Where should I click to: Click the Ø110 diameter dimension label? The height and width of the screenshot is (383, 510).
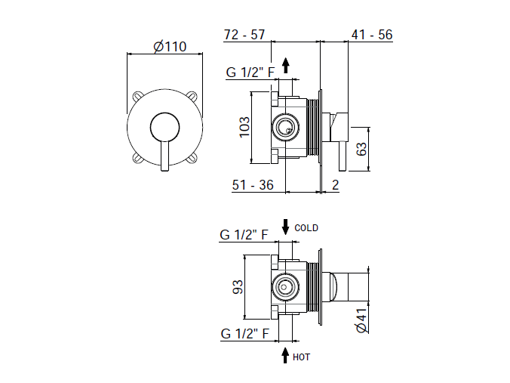pos(170,47)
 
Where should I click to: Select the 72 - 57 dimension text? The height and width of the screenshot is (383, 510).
pos(244,35)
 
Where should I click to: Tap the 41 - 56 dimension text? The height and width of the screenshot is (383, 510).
pos(372,35)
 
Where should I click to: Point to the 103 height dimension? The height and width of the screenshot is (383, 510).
pos(244,128)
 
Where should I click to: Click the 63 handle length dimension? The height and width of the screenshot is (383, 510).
pos(361,149)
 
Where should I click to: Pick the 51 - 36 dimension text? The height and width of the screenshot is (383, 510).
pos(253,185)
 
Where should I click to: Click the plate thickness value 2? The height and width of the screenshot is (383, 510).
pos(335,185)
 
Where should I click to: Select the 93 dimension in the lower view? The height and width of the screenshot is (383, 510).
pos(238,287)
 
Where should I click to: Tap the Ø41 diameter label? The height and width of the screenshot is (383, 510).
pos(361,320)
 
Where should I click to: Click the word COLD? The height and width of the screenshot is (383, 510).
pos(306,228)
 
